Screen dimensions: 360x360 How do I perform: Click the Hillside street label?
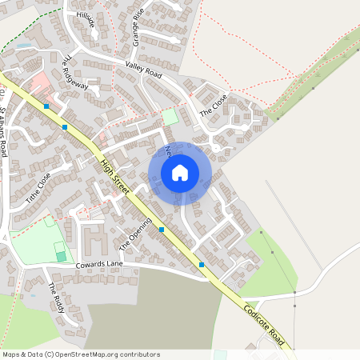(x=85, y=19)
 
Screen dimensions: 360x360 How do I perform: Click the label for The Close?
(x=213, y=105)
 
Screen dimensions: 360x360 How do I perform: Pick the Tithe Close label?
(x=38, y=187)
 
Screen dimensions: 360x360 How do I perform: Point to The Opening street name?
(x=135, y=234)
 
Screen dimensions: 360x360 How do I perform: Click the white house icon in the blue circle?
(x=180, y=172)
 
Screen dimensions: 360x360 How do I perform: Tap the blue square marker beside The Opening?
(x=162, y=229)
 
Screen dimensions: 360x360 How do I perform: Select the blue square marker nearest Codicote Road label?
(x=202, y=264)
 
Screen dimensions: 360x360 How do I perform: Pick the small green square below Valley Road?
(x=170, y=116)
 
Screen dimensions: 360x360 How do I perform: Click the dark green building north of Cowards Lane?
(x=61, y=256)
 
